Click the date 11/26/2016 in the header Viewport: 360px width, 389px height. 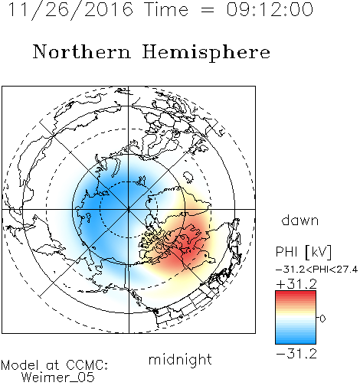click(70, 10)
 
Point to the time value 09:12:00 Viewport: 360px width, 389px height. click(270, 9)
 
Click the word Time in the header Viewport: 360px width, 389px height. click(166, 9)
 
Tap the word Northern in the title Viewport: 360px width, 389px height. click(81, 51)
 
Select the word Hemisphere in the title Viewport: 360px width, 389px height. click(206, 53)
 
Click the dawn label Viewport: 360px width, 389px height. click(300, 220)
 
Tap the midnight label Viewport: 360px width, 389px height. click(180, 359)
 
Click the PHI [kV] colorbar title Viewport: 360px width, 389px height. click(303, 252)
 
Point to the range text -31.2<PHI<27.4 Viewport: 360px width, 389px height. click(316, 270)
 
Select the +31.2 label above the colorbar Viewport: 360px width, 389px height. click(296, 284)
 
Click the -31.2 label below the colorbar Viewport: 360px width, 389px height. click(296, 354)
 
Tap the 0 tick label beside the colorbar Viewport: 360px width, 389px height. click(322, 319)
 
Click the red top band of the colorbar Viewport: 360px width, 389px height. click(296, 293)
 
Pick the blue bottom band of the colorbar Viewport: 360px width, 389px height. click(296, 342)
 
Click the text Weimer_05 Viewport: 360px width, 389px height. click(57, 377)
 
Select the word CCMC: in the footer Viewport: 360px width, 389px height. click(87, 364)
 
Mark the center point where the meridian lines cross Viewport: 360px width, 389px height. click(129, 209)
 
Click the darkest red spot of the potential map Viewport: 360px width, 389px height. click(190, 245)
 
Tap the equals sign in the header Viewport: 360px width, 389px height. click(208, 10)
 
